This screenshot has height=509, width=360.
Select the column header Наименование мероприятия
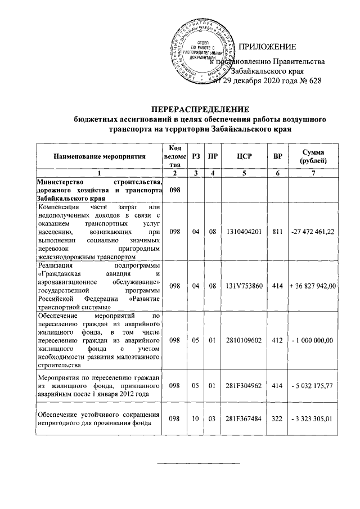(x=100, y=156)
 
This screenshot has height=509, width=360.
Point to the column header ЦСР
(x=244, y=156)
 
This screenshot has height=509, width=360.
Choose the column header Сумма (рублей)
(x=312, y=156)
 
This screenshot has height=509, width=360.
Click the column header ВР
(x=277, y=156)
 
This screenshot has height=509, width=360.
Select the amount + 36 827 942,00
(x=312, y=286)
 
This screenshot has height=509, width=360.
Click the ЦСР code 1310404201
(x=244, y=232)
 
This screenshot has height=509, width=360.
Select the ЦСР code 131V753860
(x=244, y=286)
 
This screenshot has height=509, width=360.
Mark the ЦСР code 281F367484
(x=244, y=420)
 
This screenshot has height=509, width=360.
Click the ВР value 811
(x=277, y=232)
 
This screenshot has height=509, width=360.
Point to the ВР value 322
(x=277, y=420)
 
